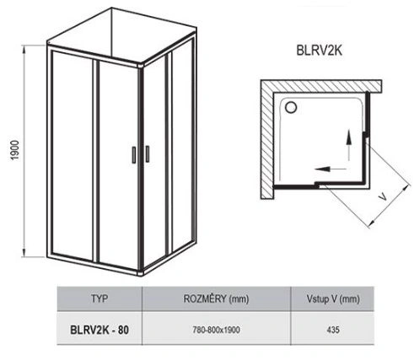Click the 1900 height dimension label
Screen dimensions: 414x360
pos(14,150)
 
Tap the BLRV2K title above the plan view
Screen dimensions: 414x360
pos(320,51)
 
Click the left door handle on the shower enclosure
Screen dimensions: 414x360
pos(134,154)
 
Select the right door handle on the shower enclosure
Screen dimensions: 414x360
pos(148,153)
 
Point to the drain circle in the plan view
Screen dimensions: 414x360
pos(291,107)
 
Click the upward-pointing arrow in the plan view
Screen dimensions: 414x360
pos(349,145)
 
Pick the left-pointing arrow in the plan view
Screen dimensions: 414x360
pos(331,169)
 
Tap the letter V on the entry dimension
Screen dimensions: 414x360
pos(383,197)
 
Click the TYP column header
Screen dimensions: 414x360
pos(99,298)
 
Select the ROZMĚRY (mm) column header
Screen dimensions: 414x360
pos(216,298)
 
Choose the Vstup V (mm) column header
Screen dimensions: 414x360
pos(333,298)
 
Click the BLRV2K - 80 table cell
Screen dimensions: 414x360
pos(99,330)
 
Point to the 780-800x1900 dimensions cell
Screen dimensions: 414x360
pos(216,330)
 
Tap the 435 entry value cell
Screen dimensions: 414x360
pos(333,330)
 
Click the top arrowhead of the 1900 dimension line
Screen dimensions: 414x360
pos(24,49)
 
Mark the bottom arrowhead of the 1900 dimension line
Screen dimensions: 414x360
pos(24,252)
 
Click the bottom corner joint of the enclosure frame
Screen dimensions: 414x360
pos(141,272)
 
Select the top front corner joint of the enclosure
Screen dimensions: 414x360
pos(141,66)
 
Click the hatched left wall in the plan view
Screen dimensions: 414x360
pos(267,140)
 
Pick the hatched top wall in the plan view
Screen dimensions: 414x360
pos(321,86)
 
